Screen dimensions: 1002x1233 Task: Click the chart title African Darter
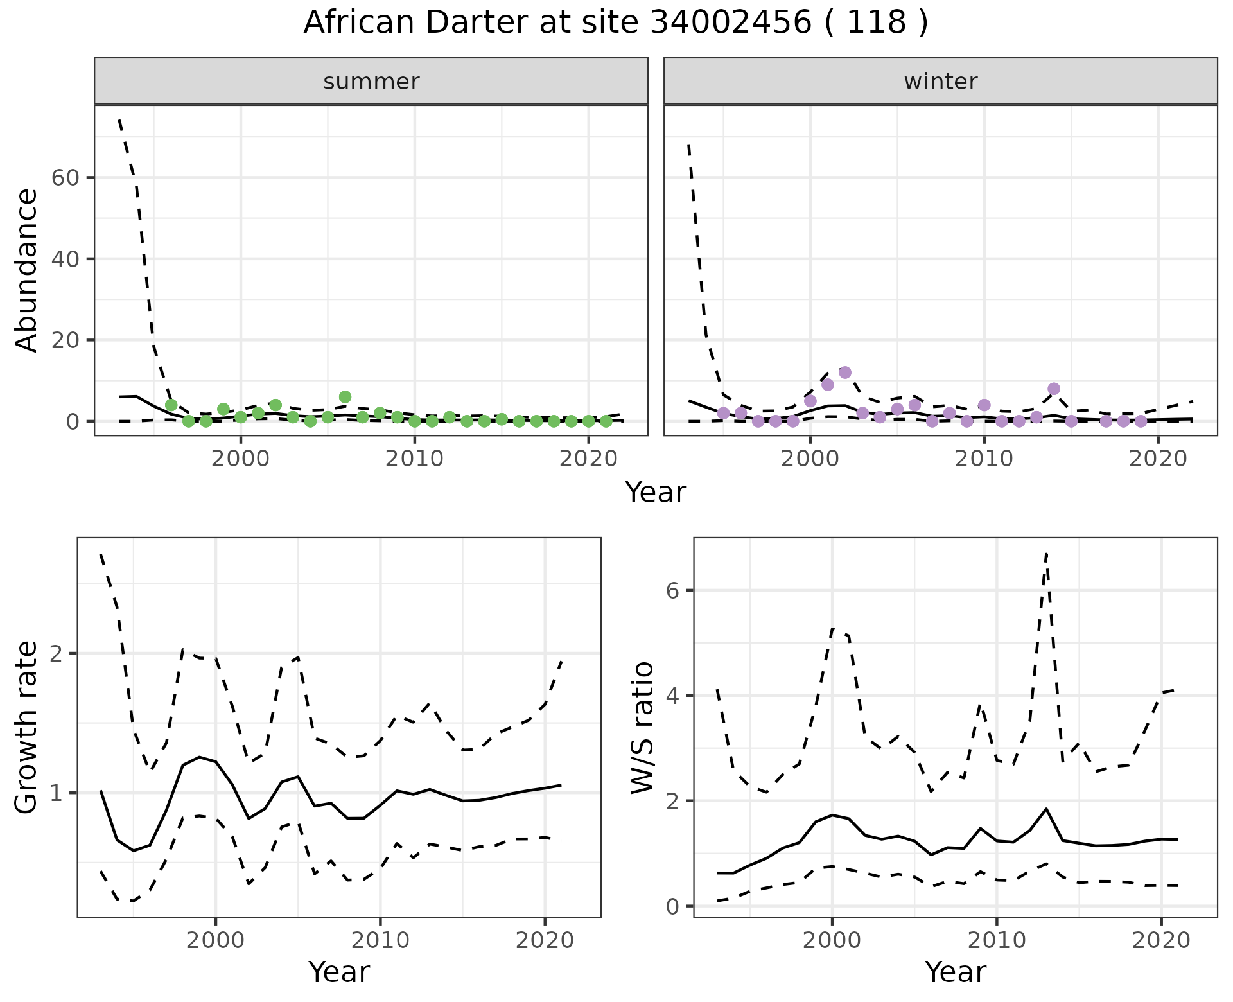point(615,23)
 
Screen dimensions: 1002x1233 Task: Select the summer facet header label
point(371,82)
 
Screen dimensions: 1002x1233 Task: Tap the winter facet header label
point(940,82)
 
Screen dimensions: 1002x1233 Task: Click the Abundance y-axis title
point(27,270)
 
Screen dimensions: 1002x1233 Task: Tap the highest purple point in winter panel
point(845,373)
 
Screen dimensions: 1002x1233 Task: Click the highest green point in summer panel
point(345,397)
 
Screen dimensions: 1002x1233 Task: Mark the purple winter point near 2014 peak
point(1054,389)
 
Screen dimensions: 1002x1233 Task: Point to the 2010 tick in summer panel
point(414,459)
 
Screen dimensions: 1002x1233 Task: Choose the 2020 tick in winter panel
point(1158,459)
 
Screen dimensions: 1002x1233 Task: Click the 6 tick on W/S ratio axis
point(672,590)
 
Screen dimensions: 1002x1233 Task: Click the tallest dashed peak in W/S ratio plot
point(1046,554)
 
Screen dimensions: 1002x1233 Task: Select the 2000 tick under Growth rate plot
point(216,940)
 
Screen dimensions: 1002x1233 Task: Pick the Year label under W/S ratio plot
point(955,972)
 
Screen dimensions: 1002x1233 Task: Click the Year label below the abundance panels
point(655,493)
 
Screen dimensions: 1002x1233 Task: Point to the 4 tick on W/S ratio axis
point(672,696)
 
